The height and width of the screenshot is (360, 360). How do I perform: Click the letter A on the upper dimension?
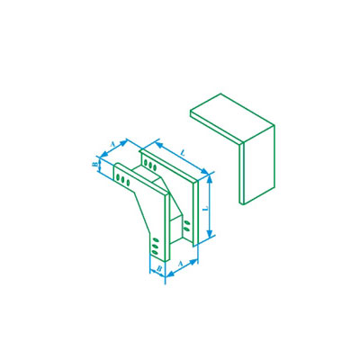click(x=112, y=144)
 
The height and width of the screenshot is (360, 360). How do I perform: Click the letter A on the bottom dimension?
click(x=180, y=264)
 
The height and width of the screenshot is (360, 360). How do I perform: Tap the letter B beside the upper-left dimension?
click(x=94, y=165)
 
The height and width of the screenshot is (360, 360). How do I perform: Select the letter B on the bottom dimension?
click(x=160, y=268)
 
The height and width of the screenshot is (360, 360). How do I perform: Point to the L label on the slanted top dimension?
click(x=182, y=153)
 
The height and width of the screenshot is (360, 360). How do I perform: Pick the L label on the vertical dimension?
click(x=205, y=208)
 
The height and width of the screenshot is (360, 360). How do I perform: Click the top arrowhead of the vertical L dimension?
click(x=210, y=179)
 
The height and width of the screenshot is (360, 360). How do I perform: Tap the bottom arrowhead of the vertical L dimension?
click(x=210, y=233)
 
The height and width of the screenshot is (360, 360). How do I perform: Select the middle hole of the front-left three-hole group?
click(x=123, y=179)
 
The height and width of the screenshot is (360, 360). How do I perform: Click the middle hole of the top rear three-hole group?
click(x=150, y=166)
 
